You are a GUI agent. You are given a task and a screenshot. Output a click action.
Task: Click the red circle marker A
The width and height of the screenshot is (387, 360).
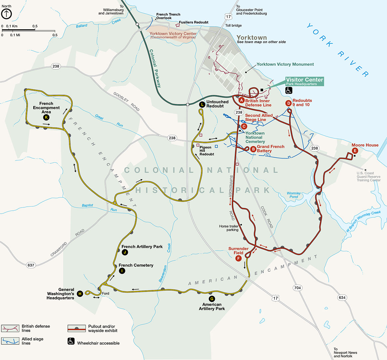pos(242,100)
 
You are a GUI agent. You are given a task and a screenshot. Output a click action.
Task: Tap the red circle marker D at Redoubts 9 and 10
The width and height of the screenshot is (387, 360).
pos(289,103)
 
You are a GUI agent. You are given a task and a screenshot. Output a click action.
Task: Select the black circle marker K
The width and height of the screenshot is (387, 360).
pos(46,117)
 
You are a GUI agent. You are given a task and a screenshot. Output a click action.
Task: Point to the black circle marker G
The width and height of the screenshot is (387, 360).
pos(212,299)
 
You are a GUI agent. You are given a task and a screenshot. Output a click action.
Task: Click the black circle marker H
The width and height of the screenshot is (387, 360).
pos(80,294)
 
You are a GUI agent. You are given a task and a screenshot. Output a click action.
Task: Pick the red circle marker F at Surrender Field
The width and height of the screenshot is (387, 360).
pos(238,258)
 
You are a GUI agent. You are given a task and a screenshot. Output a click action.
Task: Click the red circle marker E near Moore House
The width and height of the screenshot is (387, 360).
pos(355,150)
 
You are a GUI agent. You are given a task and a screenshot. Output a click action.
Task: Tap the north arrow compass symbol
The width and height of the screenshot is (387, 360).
pos(6,14)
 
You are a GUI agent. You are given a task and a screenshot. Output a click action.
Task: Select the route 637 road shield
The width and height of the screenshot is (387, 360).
pos(31,265)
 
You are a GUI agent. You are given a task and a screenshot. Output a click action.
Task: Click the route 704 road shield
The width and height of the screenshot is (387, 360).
pos(297,288)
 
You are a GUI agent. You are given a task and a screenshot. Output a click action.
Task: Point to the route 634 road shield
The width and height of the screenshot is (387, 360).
pos(342,297)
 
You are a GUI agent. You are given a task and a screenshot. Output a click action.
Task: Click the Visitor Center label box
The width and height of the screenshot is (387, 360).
pos(304,81)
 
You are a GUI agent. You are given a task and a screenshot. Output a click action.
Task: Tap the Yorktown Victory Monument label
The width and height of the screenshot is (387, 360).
pos(285,64)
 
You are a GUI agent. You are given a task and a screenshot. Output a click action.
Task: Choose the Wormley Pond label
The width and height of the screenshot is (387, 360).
pos(293,195)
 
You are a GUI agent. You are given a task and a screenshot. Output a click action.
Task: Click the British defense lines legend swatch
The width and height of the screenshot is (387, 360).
pos(10,329)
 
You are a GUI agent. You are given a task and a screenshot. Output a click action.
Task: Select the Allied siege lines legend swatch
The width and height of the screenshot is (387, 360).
pos(10,341)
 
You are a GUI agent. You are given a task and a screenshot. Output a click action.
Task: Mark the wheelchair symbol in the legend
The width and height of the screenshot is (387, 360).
pos(71,341)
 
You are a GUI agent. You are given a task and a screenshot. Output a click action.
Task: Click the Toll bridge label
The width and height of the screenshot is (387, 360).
pos(233,26)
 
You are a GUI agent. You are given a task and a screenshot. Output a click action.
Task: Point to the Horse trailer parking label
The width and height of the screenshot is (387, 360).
pos(229,228)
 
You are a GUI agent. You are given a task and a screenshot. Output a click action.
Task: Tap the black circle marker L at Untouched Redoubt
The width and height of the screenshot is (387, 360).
pos(202,104)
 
